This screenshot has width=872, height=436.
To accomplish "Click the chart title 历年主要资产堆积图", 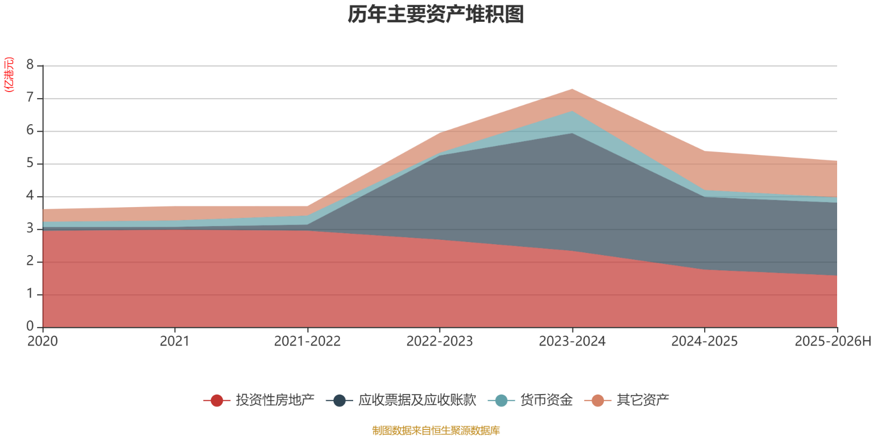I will tap(436, 15).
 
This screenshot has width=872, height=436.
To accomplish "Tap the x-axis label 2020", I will tap(43, 341).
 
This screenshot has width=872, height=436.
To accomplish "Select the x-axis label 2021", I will tap(174, 341).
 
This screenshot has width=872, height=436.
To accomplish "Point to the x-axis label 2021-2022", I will tap(307, 341).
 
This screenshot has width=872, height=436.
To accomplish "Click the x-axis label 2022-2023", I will tap(439, 341).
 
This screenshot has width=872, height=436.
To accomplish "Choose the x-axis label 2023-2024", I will tap(572, 341).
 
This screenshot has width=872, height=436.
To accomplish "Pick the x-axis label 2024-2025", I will tap(704, 341).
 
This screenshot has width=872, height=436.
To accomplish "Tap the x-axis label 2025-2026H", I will tap(833, 341).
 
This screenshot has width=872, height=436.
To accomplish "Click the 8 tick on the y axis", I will tap(30, 65).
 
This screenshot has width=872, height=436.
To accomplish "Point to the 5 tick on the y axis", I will tap(30, 163).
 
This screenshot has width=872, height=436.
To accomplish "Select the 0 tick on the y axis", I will tap(30, 326).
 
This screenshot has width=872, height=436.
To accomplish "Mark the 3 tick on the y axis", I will tap(30, 229).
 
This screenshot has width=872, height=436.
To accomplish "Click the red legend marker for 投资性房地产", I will tap(217, 401).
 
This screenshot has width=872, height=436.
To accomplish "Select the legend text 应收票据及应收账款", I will tap(417, 400).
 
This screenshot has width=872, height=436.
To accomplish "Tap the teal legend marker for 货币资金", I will tap(501, 401).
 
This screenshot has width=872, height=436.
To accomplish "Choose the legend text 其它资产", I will tap(643, 400).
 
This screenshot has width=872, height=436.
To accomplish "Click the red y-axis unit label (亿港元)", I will tap(9, 74).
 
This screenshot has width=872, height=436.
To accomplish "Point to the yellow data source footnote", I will tap(436, 431).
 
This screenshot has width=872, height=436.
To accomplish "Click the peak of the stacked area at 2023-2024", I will tap(572, 89).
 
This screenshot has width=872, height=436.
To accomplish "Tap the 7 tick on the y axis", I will tap(30, 98).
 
